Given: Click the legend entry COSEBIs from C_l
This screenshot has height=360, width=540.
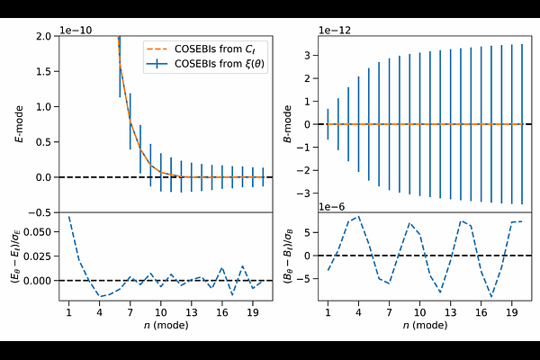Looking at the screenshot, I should click(x=213, y=48).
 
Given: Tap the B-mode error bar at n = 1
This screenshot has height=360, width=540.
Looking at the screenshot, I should click(x=328, y=124).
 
